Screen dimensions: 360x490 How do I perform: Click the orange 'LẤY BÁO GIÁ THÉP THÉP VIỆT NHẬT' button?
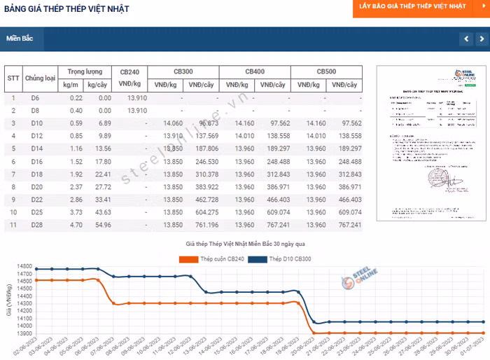pos(412,6)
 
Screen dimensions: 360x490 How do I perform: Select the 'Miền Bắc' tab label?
pos(20,39)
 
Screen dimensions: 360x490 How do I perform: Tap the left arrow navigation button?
pos(465,39)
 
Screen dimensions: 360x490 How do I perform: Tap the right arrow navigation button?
pos(482,39)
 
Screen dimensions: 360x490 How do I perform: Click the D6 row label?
pos(36,98)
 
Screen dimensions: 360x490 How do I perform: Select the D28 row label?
pos(37,225)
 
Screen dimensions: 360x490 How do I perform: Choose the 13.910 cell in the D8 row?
pos(137,111)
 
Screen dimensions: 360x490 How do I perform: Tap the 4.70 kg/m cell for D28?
pos(76,225)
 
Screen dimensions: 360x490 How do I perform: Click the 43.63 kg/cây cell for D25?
pos(103,212)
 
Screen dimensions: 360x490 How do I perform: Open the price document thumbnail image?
pos(427,144)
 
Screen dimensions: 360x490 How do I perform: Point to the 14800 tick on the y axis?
pos(24,267)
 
